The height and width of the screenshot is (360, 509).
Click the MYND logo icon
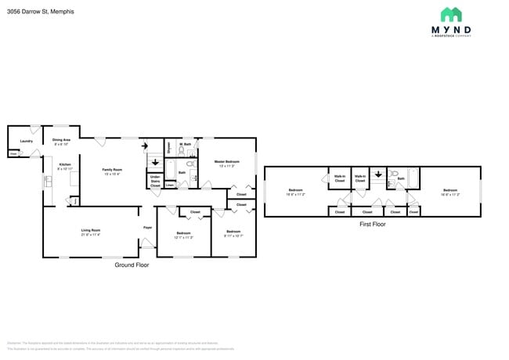tap(450, 15)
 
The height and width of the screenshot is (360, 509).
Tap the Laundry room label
tap(26, 141)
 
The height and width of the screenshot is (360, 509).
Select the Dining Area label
tap(61, 142)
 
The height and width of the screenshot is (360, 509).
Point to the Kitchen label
tap(65, 166)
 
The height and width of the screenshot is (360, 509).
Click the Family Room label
tap(112, 171)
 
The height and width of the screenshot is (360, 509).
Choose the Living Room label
tap(90, 232)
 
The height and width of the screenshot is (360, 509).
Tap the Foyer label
tap(147, 228)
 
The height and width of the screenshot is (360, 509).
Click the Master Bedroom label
tap(226, 164)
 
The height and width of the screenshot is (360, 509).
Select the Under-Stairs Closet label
tap(155, 181)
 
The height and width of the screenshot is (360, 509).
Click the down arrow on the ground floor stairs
tap(155, 164)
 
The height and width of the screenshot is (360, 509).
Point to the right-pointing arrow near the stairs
tap(144, 146)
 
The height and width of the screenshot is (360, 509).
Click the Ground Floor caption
tap(132, 265)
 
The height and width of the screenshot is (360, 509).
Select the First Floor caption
tap(373, 224)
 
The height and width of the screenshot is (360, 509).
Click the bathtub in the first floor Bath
tap(412, 179)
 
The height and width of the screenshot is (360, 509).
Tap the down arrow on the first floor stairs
tap(378, 175)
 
